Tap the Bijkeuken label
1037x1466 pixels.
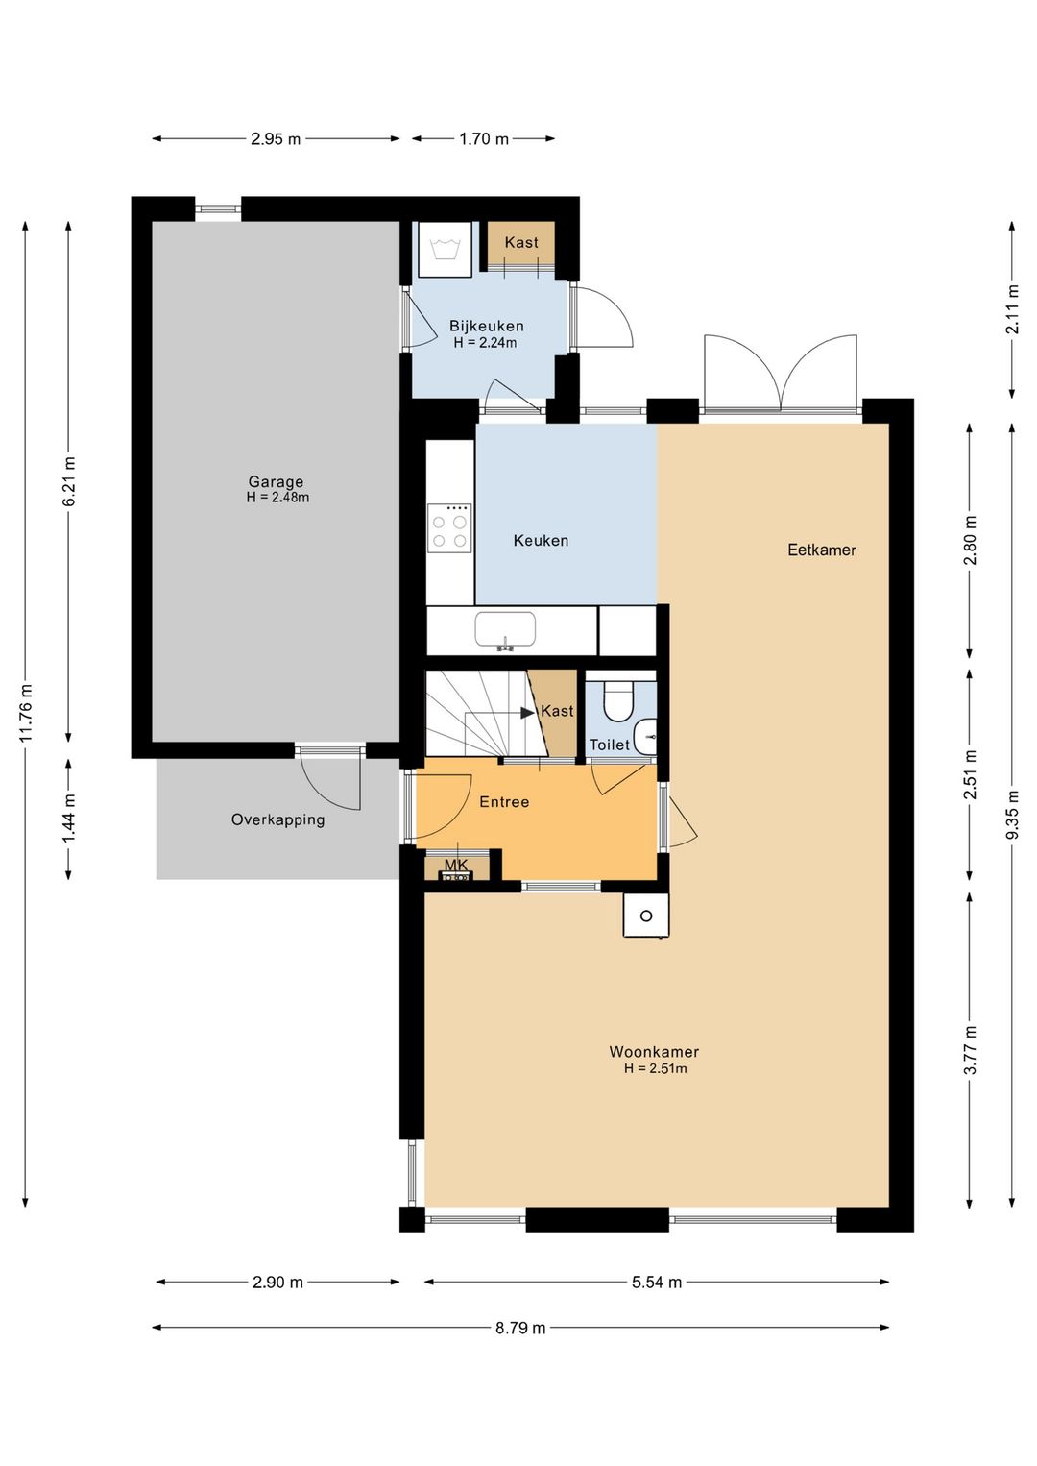coord(486,326)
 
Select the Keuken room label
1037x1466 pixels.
coord(541,541)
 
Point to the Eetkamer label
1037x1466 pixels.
coord(821,550)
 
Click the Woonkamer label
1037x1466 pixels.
coord(654,1052)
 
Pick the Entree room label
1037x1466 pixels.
coord(504,802)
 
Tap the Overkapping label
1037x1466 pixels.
coord(277,819)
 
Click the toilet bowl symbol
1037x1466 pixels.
coord(616,701)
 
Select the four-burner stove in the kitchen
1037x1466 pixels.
coord(448,525)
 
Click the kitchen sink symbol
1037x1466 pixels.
coord(504,631)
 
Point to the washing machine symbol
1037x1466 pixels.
coord(446,248)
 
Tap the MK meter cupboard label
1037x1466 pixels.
coord(456,866)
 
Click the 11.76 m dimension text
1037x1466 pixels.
coord(26,713)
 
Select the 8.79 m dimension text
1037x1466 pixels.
coord(519,1328)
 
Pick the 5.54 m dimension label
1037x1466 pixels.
coord(656,1283)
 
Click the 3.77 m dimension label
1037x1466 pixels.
coord(970,1050)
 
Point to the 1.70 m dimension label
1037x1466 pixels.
coord(484,138)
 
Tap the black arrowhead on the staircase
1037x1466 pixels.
coord(527,713)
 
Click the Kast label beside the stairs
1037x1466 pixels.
coord(557,711)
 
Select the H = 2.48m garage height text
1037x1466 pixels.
coord(277,498)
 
